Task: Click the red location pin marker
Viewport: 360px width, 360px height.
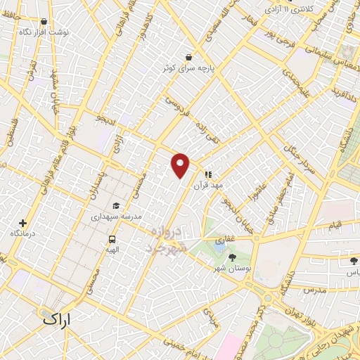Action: coord(181,165)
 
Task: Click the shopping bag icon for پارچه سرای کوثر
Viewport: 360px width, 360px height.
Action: coord(188,57)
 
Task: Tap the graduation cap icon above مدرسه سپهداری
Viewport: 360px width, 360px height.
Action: coord(115,205)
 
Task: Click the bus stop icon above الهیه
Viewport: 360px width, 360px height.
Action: coord(113,238)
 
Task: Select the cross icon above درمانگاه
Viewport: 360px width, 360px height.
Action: coord(23,222)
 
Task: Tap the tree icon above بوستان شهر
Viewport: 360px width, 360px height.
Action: coord(233,257)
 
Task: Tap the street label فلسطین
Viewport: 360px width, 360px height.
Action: coord(10,133)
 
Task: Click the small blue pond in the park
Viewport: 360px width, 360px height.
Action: coord(220,246)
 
